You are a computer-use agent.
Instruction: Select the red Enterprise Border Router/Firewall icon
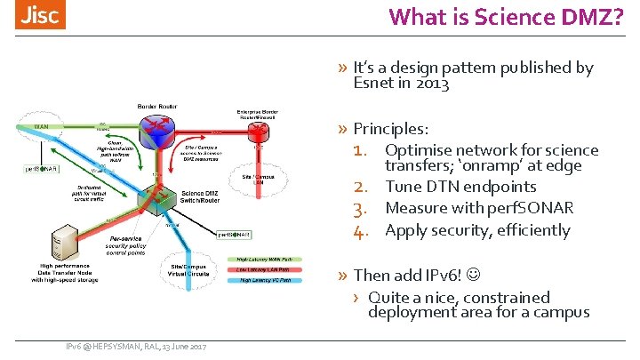[259, 131]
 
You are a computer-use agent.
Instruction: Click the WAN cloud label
[42, 127]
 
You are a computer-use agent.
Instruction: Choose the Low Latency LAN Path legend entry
[271, 269]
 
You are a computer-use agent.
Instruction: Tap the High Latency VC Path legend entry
[271, 281]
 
